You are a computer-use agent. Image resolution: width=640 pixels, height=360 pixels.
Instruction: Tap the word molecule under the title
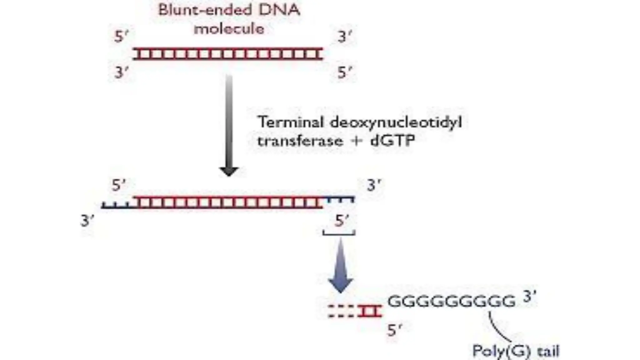point(229,29)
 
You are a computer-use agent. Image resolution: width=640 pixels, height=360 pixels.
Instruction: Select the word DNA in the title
point(279,10)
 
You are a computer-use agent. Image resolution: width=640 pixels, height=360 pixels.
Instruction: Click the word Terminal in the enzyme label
point(291,122)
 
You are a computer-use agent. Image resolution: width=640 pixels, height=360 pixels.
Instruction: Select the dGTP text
point(392,141)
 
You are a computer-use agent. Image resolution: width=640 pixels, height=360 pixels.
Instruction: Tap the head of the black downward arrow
point(229,171)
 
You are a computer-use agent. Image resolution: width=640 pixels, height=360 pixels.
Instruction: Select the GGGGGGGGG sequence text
point(451,302)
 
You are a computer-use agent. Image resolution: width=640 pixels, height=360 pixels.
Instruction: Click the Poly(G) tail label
point(516,351)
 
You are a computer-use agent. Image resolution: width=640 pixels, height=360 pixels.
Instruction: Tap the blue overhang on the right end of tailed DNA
point(340,199)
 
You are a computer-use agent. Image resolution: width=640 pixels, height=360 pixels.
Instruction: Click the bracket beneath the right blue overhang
point(339,233)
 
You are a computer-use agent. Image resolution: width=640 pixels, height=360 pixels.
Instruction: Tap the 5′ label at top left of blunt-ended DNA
point(121,37)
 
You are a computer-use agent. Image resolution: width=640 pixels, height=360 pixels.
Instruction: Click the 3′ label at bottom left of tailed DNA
point(87,221)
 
